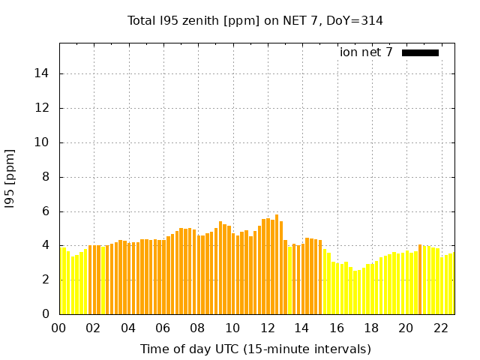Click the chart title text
[x=255, y=21]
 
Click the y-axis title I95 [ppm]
[x=10, y=178]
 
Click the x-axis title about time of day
[x=255, y=349]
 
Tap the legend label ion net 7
[x=366, y=52]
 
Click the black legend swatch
[x=420, y=52]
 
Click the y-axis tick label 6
[x=46, y=211]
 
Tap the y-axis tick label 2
[x=46, y=280]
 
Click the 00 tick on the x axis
[x=59, y=328]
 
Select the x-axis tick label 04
[x=128, y=328]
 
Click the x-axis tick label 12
[x=268, y=328]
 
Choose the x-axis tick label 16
[x=337, y=328]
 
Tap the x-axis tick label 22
[x=441, y=328]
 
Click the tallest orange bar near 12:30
[x=277, y=264]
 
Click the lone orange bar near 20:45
[x=420, y=279]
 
